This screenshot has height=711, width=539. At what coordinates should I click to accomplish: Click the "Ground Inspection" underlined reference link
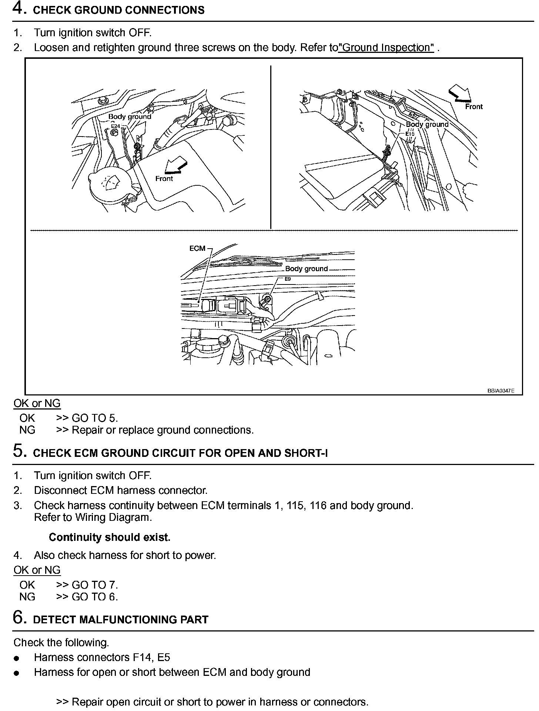(386, 48)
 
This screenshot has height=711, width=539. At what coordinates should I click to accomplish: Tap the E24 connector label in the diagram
(115, 127)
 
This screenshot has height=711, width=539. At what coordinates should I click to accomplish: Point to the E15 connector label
(410, 134)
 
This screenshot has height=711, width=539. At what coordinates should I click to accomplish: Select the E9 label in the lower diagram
(288, 279)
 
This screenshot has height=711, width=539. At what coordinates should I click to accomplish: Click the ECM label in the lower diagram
(197, 248)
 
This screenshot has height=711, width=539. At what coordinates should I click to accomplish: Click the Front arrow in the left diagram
(175, 165)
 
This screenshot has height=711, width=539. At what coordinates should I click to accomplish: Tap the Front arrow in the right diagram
(459, 93)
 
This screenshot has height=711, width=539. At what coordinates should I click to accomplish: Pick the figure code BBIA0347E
(500, 391)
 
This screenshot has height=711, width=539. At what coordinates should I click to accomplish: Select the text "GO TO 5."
(94, 418)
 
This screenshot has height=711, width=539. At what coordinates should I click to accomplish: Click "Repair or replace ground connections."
(163, 430)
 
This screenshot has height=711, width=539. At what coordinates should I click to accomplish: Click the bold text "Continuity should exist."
(110, 537)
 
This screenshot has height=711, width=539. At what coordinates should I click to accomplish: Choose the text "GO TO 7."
(94, 585)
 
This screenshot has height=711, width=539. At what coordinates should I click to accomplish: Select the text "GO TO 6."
(94, 597)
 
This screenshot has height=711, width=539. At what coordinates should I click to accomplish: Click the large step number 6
(19, 617)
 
